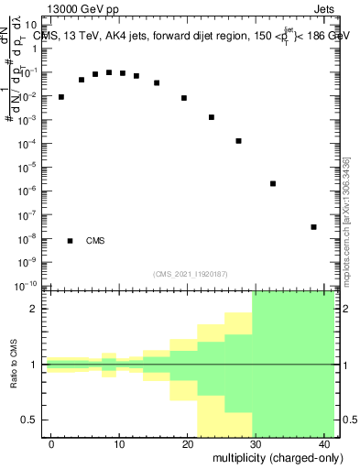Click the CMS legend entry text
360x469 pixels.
[x=95, y=241]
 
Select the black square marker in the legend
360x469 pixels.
[x=71, y=241]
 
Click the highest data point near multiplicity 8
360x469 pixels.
[x=109, y=72]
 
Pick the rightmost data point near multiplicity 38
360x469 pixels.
[x=313, y=227]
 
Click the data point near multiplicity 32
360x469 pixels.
[x=273, y=183]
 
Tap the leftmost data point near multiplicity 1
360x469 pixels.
[x=61, y=96]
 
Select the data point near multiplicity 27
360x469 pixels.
[x=238, y=141]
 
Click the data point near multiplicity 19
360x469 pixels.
[x=184, y=98]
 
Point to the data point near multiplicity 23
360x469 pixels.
[x=212, y=117]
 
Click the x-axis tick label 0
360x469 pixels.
[x=51, y=444]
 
